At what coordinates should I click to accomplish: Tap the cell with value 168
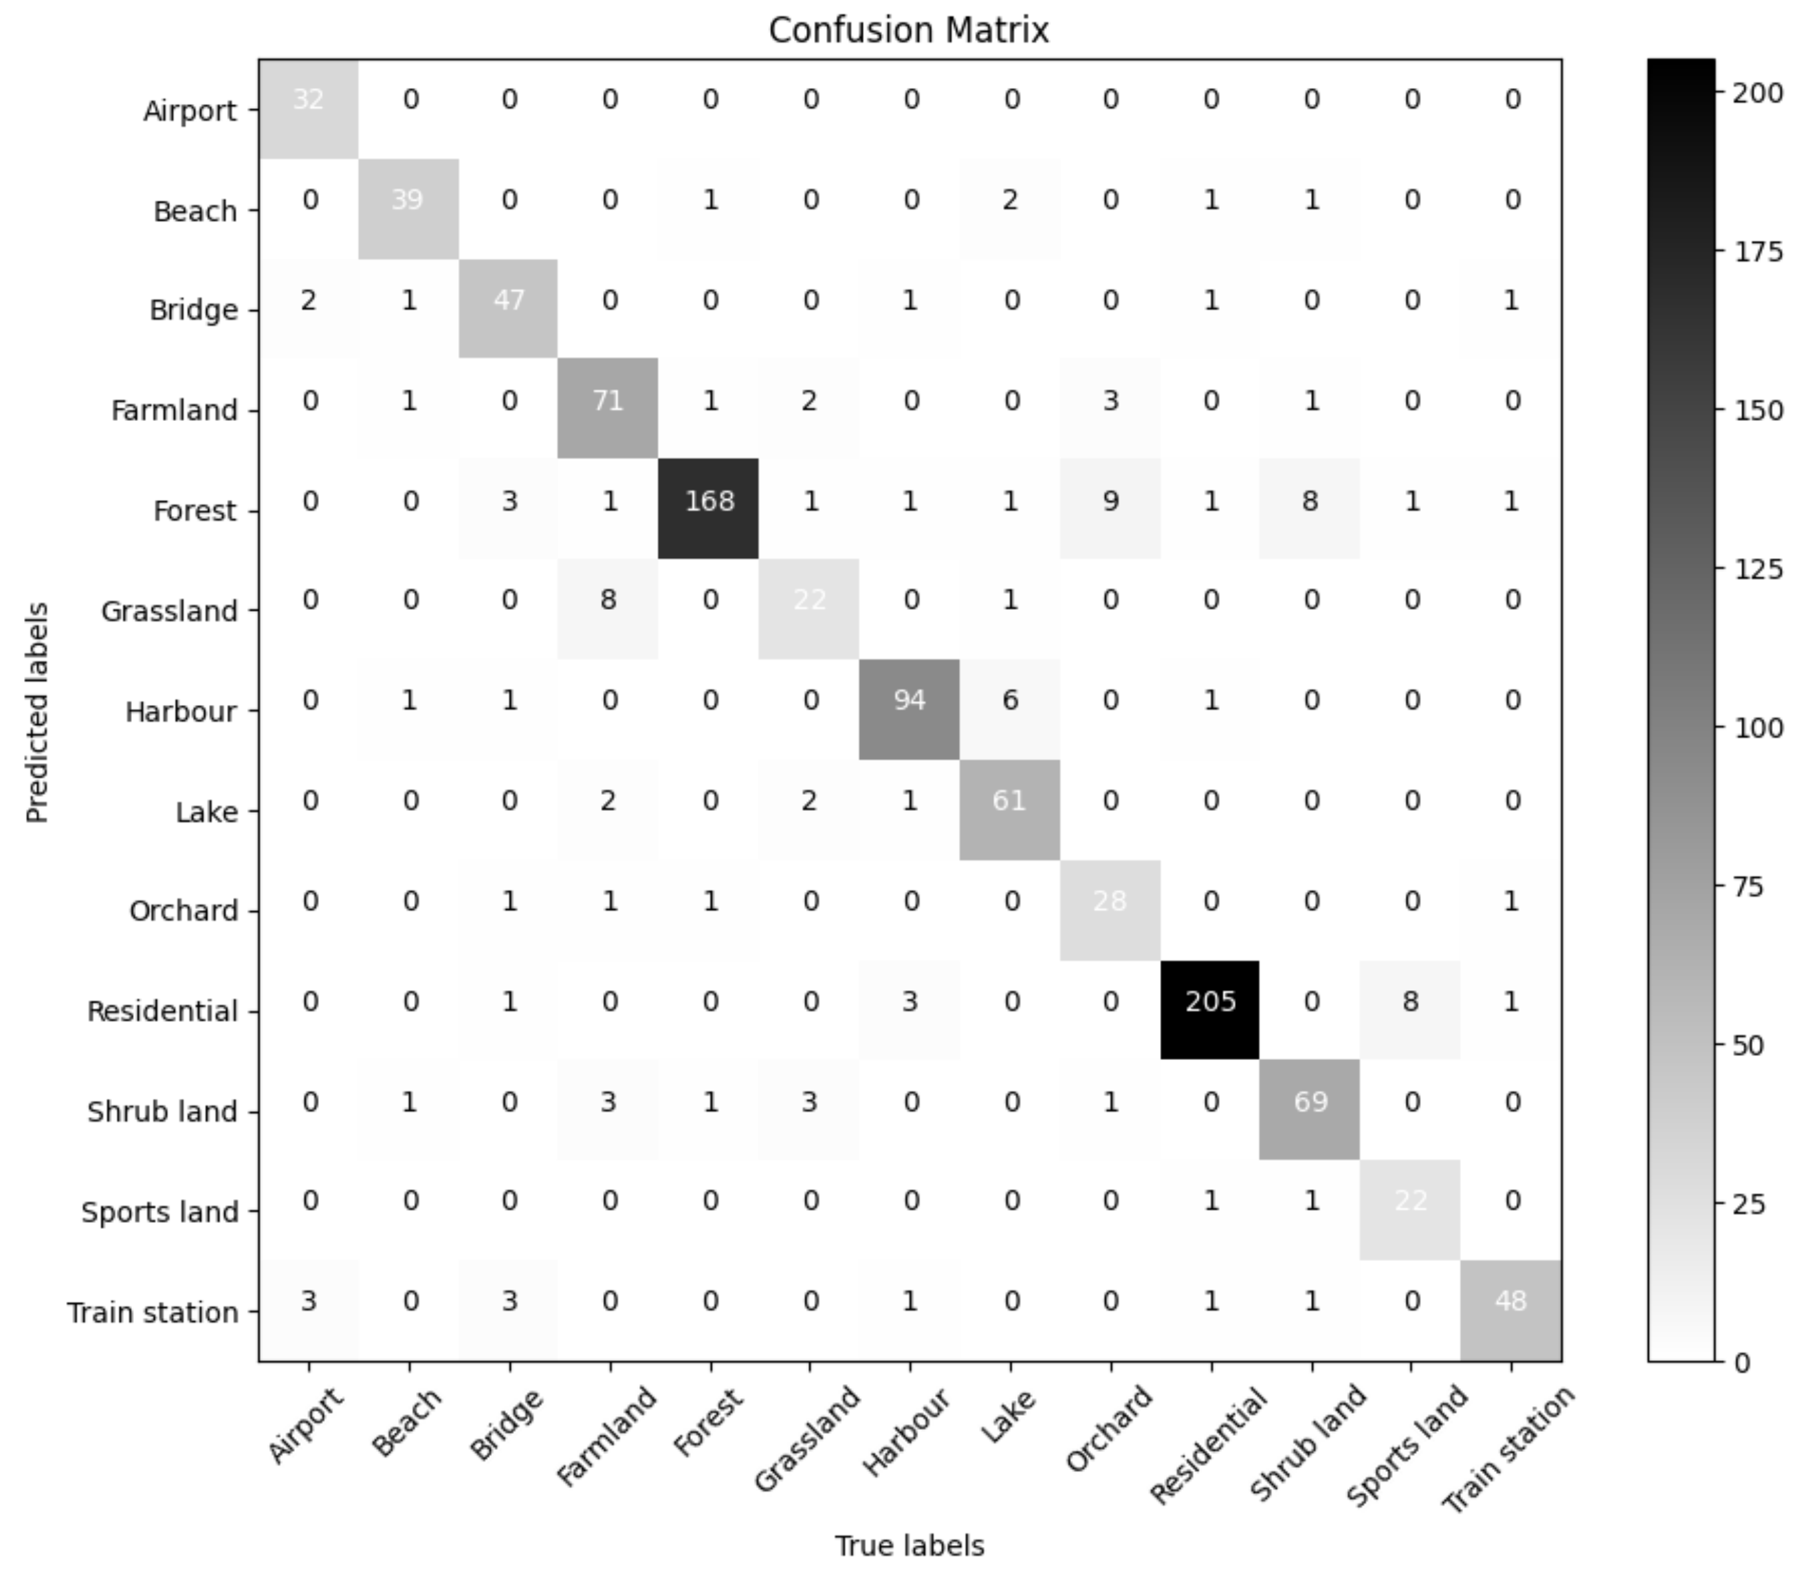pyautogui.click(x=709, y=501)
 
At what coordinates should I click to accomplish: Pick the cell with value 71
pyautogui.click(x=608, y=402)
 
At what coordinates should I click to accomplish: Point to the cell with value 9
pyautogui.click(x=1110, y=501)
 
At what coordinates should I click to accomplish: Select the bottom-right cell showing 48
pyautogui.click(x=1511, y=1301)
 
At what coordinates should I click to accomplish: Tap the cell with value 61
pyautogui.click(x=1009, y=801)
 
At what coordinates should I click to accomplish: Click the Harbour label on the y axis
pyautogui.click(x=181, y=711)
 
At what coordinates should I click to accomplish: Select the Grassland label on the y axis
pyautogui.click(x=169, y=611)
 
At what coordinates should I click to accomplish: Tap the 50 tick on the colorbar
pyautogui.click(x=1748, y=1045)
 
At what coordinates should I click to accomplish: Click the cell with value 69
pyautogui.click(x=1311, y=1101)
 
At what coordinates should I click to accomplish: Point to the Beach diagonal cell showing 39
pyautogui.click(x=408, y=200)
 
